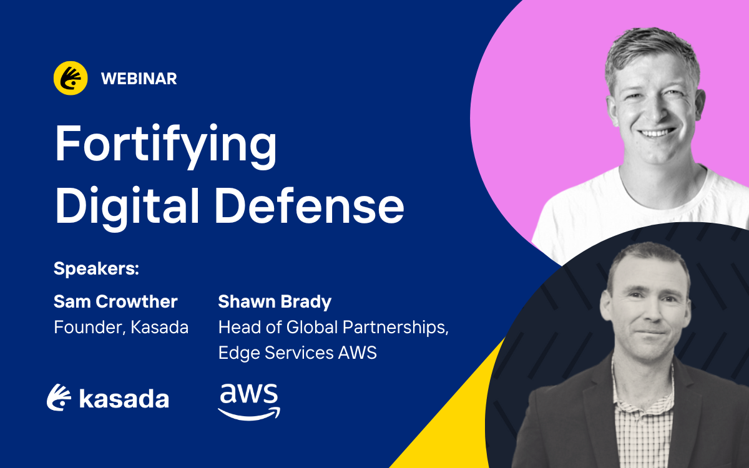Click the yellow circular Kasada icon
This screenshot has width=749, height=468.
pyautogui.click(x=71, y=78)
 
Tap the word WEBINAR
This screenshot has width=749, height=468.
pyautogui.click(x=139, y=79)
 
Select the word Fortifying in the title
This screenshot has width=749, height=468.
pyautogui.click(x=166, y=146)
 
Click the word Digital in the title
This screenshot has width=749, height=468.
pyautogui.click(x=127, y=207)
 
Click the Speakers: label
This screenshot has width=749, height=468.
pyautogui.click(x=96, y=268)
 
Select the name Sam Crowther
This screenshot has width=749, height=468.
pyautogui.click(x=115, y=301)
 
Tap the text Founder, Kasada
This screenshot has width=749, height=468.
pyautogui.click(x=121, y=327)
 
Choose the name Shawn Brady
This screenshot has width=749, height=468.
pyautogui.click(x=275, y=302)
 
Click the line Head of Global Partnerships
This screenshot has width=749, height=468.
pyautogui.click(x=333, y=328)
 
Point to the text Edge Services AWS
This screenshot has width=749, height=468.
pyautogui.click(x=298, y=353)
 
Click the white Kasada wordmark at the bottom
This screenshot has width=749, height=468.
pyautogui.click(x=107, y=398)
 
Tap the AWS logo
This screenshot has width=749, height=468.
pyautogui.click(x=249, y=402)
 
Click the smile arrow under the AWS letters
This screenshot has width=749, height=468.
pyautogui.click(x=249, y=414)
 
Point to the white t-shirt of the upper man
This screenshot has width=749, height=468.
pyautogui.click(x=635, y=214)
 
